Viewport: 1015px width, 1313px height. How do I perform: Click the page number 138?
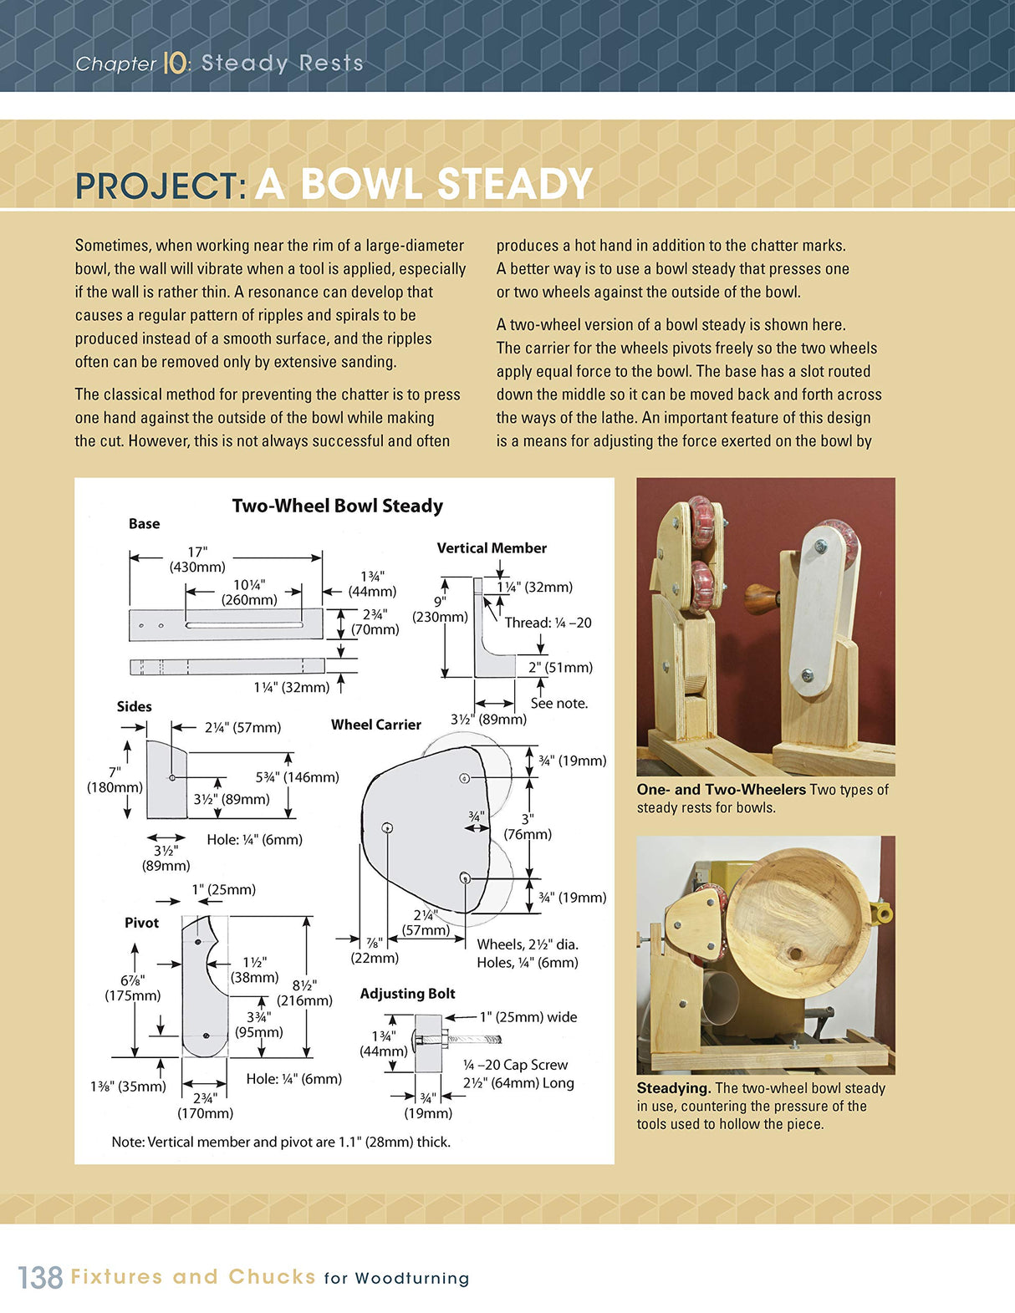(x=40, y=1277)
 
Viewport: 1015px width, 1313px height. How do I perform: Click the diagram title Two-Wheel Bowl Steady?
(x=337, y=506)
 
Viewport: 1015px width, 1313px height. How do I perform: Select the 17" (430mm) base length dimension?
(x=196, y=559)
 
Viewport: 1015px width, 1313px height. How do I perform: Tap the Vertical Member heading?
(x=492, y=548)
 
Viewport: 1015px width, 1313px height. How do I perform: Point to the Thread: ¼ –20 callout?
(x=548, y=623)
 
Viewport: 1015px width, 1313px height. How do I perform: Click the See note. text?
(x=559, y=703)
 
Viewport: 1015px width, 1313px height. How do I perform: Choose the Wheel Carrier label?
(x=375, y=725)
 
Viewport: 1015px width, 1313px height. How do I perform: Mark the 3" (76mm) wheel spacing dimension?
(x=528, y=827)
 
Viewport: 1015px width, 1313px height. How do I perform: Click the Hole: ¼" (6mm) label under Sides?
(x=254, y=839)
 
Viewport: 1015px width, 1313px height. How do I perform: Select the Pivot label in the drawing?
(x=141, y=923)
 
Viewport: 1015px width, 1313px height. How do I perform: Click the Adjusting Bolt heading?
(x=407, y=994)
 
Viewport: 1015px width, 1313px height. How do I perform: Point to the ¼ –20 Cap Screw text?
(x=515, y=1065)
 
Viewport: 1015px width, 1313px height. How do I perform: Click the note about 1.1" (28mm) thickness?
(x=281, y=1142)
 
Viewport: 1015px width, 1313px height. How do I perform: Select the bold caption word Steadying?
(x=673, y=1088)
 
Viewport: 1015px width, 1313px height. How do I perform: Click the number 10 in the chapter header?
(x=174, y=64)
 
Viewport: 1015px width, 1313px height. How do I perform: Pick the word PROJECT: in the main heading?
(x=160, y=186)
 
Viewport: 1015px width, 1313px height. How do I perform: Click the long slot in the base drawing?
(x=243, y=625)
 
